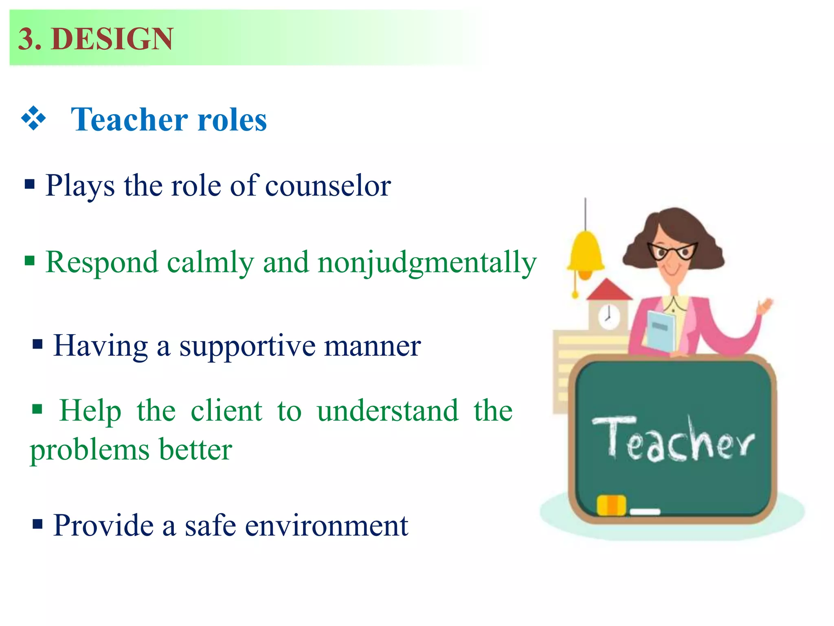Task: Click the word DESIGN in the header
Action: pos(112,39)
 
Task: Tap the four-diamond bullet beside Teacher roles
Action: pos(33,119)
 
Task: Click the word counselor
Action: pos(328,186)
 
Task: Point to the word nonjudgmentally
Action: pos(427,263)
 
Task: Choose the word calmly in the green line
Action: pos(210,263)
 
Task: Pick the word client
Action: pos(226,411)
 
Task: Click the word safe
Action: pos(210,526)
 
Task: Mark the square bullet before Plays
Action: pos(30,185)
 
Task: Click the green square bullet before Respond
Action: pos(30,260)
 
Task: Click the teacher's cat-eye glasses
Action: pos(672,251)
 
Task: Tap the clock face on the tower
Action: pos(608,316)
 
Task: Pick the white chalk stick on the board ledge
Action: pos(645,511)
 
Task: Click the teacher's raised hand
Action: pos(765,306)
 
